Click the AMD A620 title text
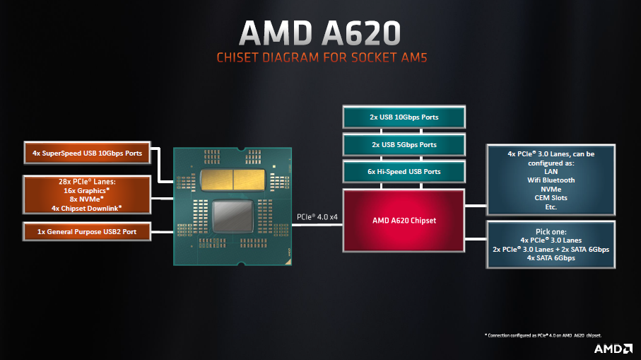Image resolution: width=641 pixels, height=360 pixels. click(320, 33)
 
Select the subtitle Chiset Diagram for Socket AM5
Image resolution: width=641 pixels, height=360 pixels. click(322, 58)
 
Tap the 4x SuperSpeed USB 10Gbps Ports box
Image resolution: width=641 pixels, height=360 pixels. click(87, 153)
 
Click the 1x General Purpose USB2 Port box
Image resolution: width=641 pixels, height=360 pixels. click(87, 231)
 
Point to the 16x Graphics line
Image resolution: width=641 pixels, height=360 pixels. click(86, 191)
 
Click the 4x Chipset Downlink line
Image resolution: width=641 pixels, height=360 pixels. click(86, 208)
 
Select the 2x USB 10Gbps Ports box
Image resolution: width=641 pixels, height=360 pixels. click(404, 117)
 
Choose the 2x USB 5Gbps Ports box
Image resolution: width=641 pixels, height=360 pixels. click(404, 145)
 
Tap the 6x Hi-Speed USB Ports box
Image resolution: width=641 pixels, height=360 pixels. click(404, 172)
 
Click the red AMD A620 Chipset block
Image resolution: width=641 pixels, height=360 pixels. click(404, 221)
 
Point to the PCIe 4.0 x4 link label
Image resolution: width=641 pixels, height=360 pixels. click(317, 217)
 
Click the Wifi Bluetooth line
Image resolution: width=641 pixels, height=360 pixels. click(551, 180)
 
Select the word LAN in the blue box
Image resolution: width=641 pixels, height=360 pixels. click(551, 171)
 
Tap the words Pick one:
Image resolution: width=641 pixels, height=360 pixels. click(551, 231)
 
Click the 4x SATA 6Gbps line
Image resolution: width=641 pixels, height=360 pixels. click(551, 257)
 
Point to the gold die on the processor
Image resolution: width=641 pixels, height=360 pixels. click(233, 180)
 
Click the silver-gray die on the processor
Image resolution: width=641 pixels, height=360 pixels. click(233, 216)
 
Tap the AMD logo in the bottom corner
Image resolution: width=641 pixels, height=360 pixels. click(613, 349)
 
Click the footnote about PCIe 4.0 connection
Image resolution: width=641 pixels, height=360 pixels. click(543, 335)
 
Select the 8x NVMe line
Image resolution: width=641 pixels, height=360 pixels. click(86, 199)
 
